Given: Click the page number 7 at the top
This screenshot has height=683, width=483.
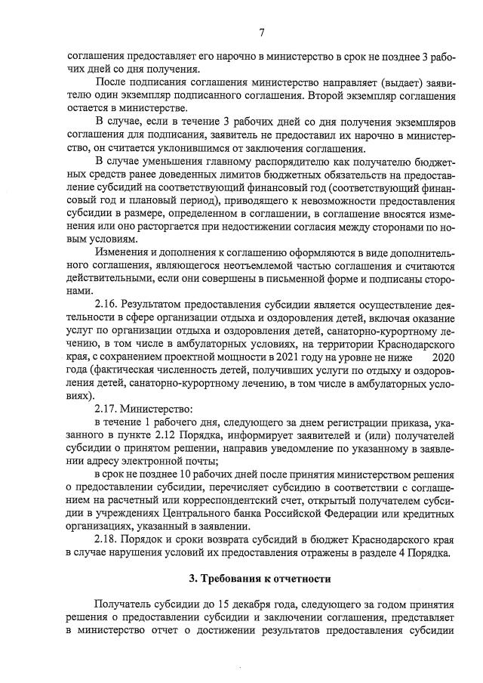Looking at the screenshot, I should tap(261, 32).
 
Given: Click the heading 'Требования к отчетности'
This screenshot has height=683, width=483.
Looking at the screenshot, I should tap(260, 579).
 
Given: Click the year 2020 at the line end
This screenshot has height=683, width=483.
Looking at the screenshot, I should tap(445, 356).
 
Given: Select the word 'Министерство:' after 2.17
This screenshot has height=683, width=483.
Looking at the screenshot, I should tap(155, 408).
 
